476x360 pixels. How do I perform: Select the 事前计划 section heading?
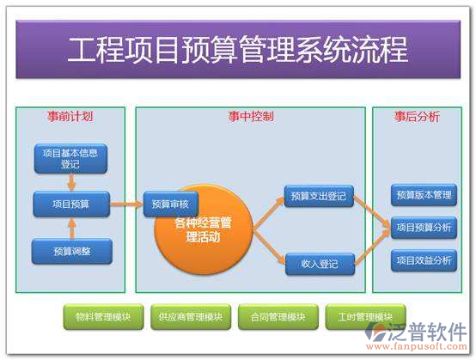click(x=70, y=116)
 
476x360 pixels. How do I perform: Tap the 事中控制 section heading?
click(x=251, y=116)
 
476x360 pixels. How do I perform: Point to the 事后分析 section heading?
click(x=417, y=116)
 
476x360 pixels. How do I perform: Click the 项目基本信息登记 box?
click(x=70, y=158)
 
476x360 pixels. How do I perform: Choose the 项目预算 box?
click(x=71, y=204)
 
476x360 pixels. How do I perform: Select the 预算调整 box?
click(x=71, y=251)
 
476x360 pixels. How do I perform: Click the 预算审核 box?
click(x=171, y=204)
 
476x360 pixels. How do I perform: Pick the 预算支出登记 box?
click(x=319, y=197)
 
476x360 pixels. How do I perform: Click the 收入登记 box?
click(x=319, y=264)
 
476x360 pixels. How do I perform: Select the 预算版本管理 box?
click(x=424, y=195)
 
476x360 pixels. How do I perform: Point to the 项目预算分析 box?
click(x=424, y=228)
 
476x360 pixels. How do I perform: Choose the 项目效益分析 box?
click(x=424, y=259)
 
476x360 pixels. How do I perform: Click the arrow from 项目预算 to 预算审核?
click(x=126, y=204)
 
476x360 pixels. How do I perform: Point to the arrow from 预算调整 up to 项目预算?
click(x=71, y=228)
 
